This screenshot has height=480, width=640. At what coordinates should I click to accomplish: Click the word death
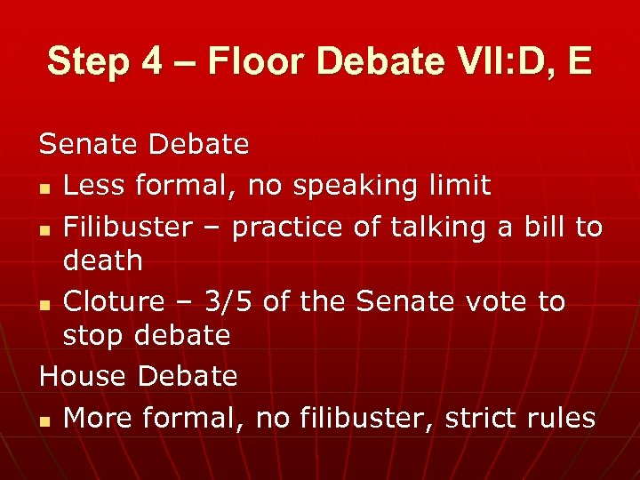[x=103, y=260]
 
